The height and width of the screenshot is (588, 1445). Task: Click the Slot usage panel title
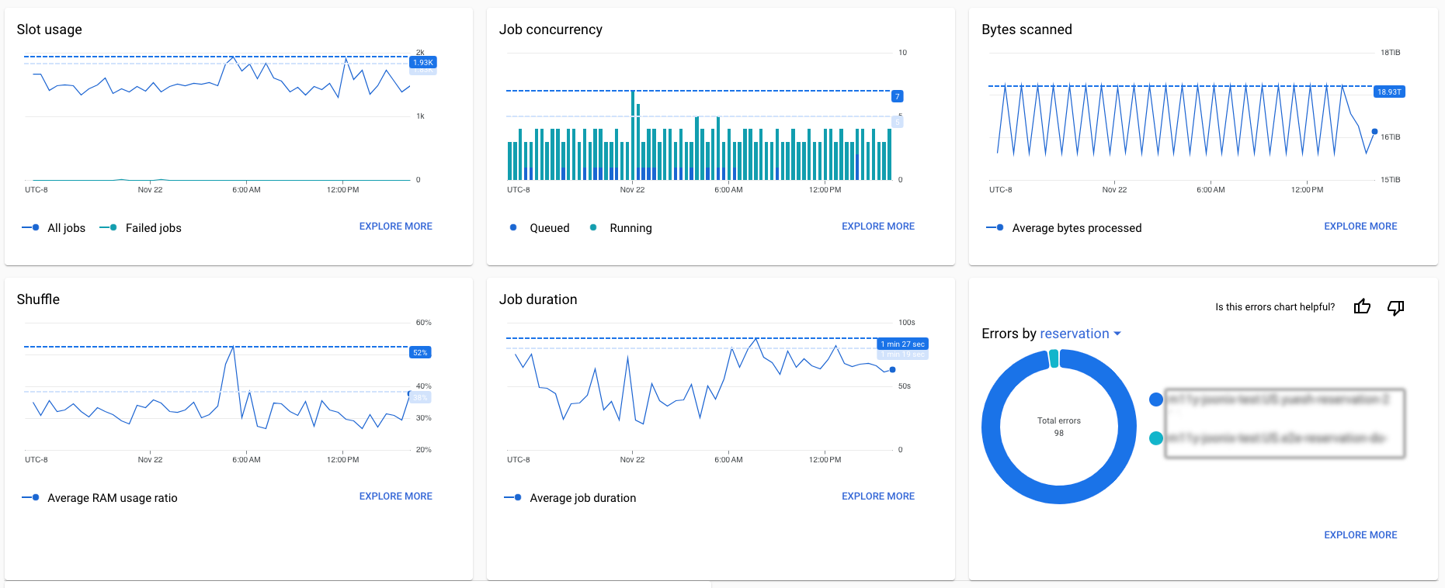49,29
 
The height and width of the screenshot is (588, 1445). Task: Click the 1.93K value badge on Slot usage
422,62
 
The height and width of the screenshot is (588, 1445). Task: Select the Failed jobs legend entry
153,228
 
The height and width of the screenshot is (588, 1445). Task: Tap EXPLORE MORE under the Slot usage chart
395,227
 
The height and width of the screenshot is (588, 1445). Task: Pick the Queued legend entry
549,228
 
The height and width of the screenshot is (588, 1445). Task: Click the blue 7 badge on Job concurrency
897,96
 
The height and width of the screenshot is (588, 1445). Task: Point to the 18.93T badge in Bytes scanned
1388,92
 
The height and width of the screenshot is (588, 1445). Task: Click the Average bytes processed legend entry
1076,228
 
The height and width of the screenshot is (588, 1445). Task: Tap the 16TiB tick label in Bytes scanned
1390,137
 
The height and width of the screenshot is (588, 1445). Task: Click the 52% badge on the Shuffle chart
420,352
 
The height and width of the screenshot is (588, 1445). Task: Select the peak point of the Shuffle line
233,348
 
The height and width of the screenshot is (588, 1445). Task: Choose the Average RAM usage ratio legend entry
112,498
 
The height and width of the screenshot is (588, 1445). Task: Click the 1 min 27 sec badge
902,344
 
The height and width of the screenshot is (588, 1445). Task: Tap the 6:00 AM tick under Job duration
728,460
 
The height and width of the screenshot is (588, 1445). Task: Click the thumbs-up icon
1362,307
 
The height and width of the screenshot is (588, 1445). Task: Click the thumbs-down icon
1395,307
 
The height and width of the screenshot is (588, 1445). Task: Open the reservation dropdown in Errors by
1080,334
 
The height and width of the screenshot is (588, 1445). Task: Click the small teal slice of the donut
1054,358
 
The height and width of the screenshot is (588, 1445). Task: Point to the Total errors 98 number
1058,433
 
